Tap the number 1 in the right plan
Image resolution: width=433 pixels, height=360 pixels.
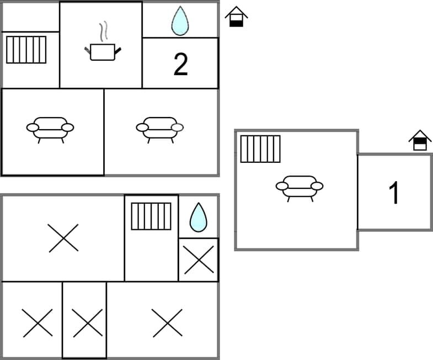pos(394,193)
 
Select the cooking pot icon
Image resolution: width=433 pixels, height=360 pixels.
pos(103,51)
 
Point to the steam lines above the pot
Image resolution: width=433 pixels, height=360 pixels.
pos(103,31)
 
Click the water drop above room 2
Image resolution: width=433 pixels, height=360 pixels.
pos(180,23)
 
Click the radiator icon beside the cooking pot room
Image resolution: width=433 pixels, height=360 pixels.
pos(26,50)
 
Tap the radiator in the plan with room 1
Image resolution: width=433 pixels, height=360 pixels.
pos(260,149)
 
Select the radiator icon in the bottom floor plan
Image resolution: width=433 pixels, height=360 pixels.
pos(151,216)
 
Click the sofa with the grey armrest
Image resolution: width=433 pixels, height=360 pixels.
pos(160,128)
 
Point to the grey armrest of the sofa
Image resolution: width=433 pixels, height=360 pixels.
pos(177,128)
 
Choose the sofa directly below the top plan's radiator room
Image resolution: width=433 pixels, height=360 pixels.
pos(50,128)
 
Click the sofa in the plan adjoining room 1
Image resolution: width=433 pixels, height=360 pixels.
pos(300,187)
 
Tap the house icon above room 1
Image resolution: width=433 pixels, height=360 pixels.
pos(420,140)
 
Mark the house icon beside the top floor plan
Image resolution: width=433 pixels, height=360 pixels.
pos(236,17)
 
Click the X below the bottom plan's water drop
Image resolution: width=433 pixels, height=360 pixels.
pos(199,260)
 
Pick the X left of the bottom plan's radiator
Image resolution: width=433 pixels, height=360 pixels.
pos(63,238)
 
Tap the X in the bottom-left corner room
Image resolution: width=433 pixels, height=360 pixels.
pos(38,323)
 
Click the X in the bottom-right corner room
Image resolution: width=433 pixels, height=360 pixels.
pos(167,323)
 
